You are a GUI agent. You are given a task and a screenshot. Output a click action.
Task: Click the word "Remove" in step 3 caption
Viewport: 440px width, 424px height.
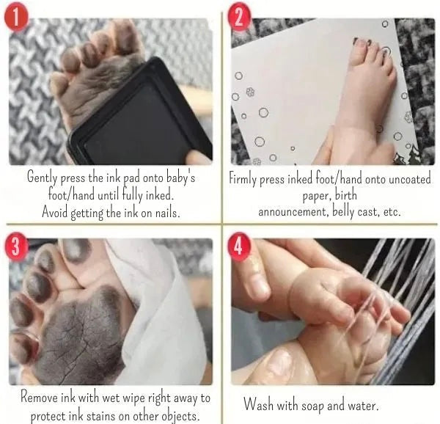point(41,399)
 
